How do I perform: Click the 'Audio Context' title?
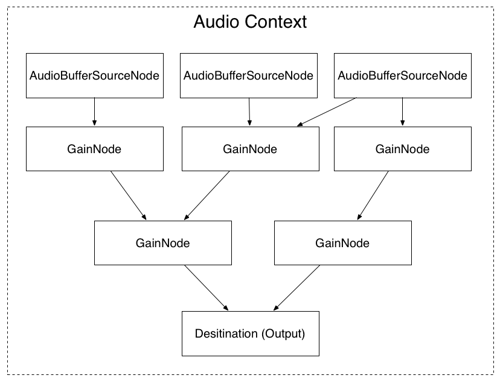pos(250,22)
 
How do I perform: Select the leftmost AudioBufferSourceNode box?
pos(95,75)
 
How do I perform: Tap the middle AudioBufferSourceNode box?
pos(248,75)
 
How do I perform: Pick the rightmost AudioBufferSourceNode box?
pos(402,75)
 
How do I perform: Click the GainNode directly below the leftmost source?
pos(95,148)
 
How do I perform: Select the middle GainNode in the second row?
pos(249,148)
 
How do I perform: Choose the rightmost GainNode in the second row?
pos(402,148)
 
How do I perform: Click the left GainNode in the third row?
pos(162,243)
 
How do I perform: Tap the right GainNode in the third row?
pos(342,243)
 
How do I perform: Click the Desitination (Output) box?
pos(249,333)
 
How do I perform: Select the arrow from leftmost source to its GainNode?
pos(95,112)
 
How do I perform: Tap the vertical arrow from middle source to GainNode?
pos(249,112)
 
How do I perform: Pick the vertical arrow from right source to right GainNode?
pos(402,112)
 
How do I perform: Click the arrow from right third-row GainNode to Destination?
pos(295,288)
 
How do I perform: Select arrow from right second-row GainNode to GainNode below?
pos(373,195)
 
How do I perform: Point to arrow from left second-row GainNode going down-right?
pos(128,195)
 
